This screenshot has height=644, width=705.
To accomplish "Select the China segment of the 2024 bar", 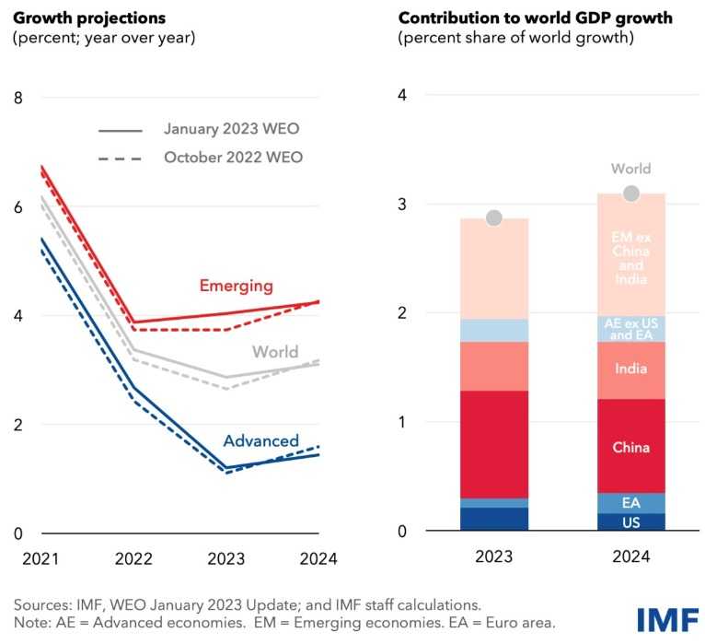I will [630, 447].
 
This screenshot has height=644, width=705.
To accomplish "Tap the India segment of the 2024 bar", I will [630, 369].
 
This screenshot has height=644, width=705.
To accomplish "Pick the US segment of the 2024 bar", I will [630, 521].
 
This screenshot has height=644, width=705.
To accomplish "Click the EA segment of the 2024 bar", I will [630, 503].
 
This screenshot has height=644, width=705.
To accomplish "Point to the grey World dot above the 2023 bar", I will [493, 218].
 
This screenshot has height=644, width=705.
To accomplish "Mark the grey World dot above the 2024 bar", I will [630, 193].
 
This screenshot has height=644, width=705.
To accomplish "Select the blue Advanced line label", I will [261, 440].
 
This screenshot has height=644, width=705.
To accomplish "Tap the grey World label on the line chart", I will [275, 351].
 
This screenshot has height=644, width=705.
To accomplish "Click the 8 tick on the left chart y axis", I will [17, 98].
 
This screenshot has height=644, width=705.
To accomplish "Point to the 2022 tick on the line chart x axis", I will [134, 558].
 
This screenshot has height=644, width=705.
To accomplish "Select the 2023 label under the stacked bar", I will [493, 557].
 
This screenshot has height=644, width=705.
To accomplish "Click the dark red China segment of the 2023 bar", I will [493, 444].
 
